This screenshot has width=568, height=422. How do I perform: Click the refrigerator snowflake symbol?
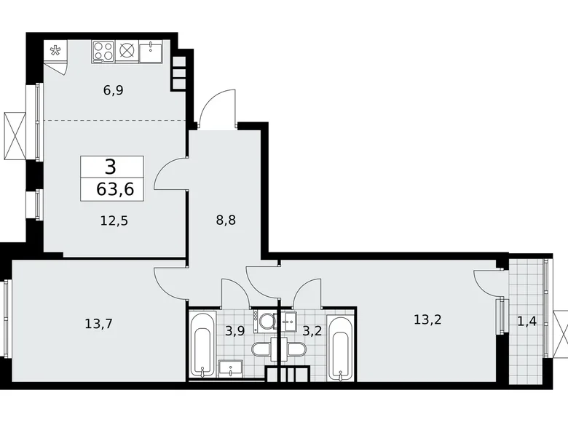[55, 51]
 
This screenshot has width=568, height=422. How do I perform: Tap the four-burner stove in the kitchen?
[103, 51]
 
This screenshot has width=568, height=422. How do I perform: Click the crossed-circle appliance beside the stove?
[127, 51]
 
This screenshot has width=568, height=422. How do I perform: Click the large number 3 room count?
[110, 167]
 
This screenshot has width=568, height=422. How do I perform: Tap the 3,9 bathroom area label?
[234, 331]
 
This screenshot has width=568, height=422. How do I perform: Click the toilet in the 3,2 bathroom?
[297, 350]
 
